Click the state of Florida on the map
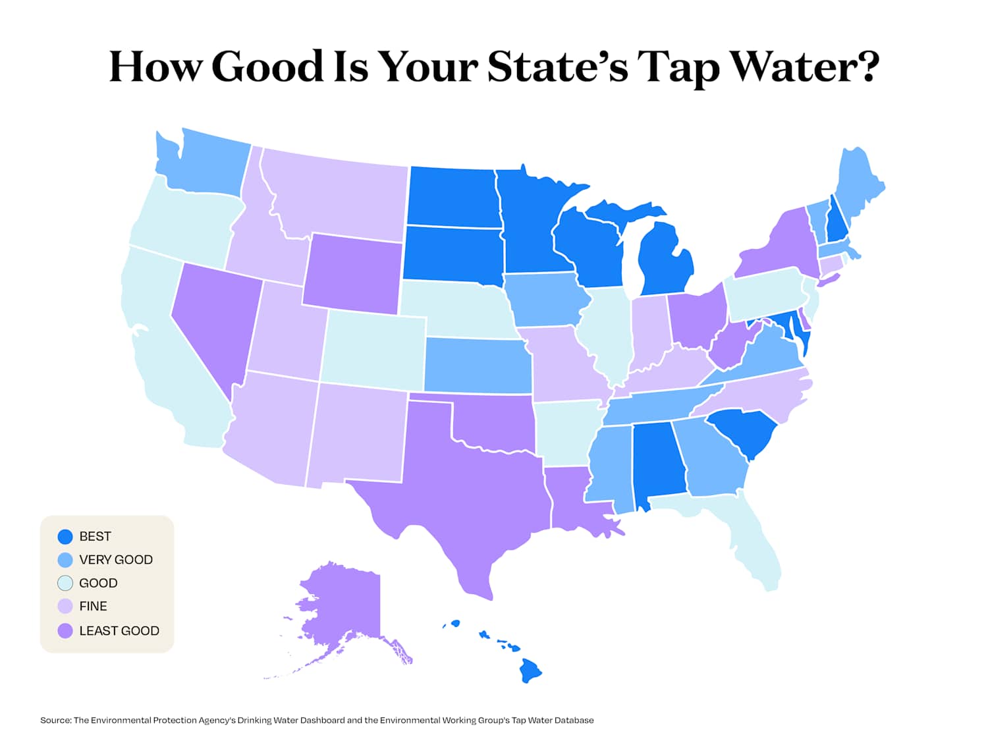pos(757,547)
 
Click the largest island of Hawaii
pos(530,671)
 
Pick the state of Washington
pos(204,165)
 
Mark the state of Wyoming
pos(352,273)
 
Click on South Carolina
pos(744,431)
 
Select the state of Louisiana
pos(573,501)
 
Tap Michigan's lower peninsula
pos(665,263)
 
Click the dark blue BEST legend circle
pos(65,537)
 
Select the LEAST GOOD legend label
pos(119,631)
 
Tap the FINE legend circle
pos(65,607)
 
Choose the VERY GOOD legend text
pos(116,560)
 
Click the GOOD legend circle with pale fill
pos(65,583)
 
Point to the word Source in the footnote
pos(55,721)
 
